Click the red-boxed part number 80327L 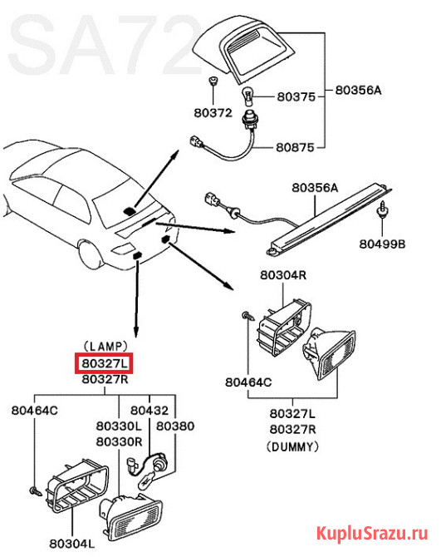point(104,363)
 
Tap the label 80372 point(213,113)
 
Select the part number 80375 point(296,96)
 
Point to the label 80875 point(295,147)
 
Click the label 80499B point(382,244)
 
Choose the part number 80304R point(283,275)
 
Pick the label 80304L point(72,544)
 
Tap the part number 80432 point(149,411)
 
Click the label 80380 point(175,426)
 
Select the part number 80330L point(120,426)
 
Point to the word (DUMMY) point(292,446)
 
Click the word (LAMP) point(105,347)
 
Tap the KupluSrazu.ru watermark point(372,533)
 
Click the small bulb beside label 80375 point(247,96)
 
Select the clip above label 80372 point(213,81)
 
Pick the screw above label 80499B point(382,209)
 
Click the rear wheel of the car point(89,254)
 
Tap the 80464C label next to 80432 point(34,411)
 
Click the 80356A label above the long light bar point(315,187)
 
